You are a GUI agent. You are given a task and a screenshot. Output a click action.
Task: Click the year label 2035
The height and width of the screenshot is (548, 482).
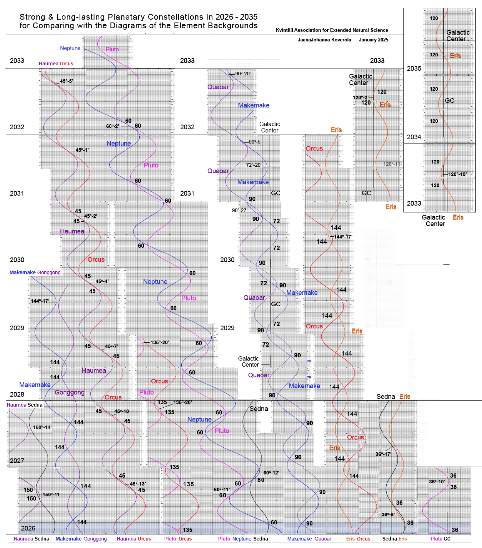point(414,69)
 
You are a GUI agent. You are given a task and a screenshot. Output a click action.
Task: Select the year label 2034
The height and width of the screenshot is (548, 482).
point(414,137)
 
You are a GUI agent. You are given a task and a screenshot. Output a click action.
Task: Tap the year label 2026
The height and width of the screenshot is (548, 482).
point(28,528)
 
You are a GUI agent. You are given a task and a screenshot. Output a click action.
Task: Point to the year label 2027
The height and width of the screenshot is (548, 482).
point(17,461)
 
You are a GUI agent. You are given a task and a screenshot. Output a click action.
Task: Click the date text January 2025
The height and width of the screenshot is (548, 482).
point(373,40)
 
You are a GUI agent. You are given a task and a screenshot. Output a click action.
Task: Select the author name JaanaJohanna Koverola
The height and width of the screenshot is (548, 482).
point(324,40)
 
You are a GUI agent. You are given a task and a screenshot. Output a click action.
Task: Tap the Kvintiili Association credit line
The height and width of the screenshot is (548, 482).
point(332,30)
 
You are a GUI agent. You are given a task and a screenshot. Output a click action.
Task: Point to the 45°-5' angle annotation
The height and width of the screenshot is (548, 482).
point(66,81)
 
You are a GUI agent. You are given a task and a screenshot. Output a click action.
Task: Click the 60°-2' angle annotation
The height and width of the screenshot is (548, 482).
point(112,126)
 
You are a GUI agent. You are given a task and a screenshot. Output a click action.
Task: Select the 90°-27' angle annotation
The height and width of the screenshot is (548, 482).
point(239,210)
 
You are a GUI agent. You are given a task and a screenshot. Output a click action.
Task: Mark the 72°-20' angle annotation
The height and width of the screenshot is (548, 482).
point(254,165)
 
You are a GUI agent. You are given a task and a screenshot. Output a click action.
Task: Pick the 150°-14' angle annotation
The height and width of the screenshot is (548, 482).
point(42,427)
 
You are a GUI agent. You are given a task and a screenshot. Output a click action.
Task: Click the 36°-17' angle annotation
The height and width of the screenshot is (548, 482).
point(383,454)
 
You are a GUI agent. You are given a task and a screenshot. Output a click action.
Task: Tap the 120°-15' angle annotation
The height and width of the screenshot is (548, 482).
point(457,174)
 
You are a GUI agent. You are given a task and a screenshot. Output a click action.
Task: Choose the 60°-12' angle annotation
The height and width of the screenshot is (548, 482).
point(271,473)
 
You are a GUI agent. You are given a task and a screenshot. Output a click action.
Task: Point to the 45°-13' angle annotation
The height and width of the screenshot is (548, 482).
point(138,484)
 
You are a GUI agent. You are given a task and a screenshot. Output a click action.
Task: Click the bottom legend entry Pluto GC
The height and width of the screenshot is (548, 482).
point(440,539)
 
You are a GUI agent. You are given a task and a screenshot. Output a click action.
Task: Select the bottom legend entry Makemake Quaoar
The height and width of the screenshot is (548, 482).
point(309,539)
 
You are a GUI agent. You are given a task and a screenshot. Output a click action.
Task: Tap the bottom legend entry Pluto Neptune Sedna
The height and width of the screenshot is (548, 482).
point(243,539)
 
